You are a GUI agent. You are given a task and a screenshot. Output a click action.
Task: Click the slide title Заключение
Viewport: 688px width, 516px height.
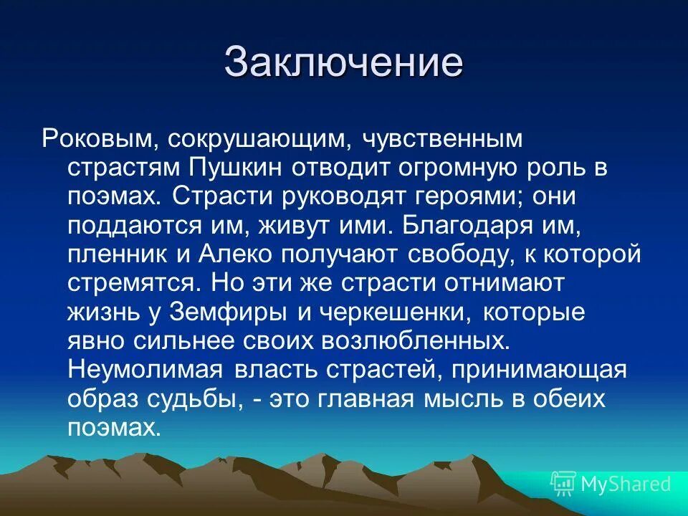343,63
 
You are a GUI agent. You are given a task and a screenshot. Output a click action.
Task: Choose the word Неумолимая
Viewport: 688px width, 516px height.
145,371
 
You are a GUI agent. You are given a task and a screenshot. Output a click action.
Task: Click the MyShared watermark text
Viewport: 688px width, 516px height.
626,484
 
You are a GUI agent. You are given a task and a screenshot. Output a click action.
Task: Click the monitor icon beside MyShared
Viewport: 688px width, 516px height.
563,484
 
